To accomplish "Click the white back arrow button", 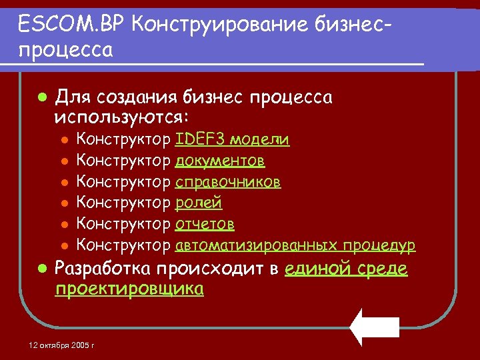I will tap(375, 327).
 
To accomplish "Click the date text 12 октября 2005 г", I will tap(62, 346).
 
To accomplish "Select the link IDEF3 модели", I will tap(232, 139).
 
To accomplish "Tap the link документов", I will tap(220, 161).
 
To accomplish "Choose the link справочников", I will tap(227, 182).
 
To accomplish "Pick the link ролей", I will tap(199, 203).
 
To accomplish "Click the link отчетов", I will tap(205, 224).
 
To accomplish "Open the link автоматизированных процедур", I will tap(295, 245).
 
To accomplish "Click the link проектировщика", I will tap(129, 289).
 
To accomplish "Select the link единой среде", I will tap(345, 269).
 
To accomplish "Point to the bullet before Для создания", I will tap(41, 97).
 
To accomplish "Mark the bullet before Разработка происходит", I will tap(41, 269).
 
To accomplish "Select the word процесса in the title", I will tap(66, 49).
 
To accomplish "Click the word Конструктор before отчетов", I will tap(124, 224).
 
